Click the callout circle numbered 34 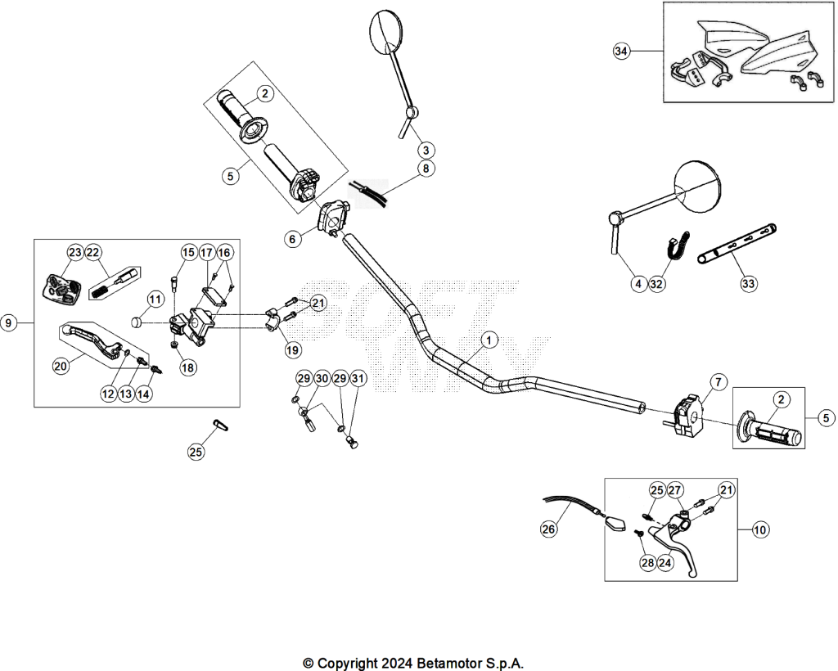coord(620,52)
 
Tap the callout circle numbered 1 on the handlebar coord(489,340)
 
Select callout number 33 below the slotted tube coord(748,283)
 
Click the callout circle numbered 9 coord(9,322)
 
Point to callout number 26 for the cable coord(549,529)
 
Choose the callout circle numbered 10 coord(760,529)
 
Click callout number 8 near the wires coord(426,169)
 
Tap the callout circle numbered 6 coord(292,239)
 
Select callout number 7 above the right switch coord(718,382)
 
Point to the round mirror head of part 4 coord(697,186)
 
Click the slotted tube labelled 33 coord(737,244)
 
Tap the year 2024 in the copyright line coord(398,663)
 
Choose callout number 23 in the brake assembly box coord(75,252)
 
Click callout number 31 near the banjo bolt coord(358,379)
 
